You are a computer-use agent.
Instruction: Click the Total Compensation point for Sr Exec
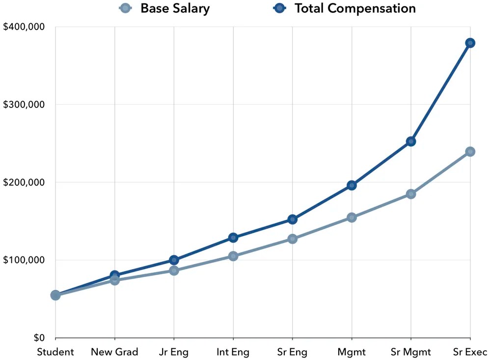470,43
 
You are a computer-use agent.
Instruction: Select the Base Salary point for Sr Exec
470,151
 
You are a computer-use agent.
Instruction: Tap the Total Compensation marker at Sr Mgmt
411,141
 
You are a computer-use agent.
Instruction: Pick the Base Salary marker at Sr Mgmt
411,194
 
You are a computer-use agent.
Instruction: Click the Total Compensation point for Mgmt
352,185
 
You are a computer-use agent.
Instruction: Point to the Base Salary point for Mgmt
352,218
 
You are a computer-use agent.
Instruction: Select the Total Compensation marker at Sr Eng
292,219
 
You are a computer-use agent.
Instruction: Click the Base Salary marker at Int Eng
233,256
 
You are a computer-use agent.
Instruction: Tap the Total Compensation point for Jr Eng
174,260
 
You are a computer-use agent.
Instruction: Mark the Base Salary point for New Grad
114,280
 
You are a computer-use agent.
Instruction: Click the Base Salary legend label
175,8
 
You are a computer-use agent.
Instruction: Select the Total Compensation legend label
355,8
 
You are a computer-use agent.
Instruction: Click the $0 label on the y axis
38,338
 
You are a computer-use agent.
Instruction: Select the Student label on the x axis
55,352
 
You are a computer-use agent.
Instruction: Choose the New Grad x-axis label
114,352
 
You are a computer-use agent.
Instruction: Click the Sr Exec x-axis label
470,352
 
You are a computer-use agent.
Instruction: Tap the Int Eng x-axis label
233,352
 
